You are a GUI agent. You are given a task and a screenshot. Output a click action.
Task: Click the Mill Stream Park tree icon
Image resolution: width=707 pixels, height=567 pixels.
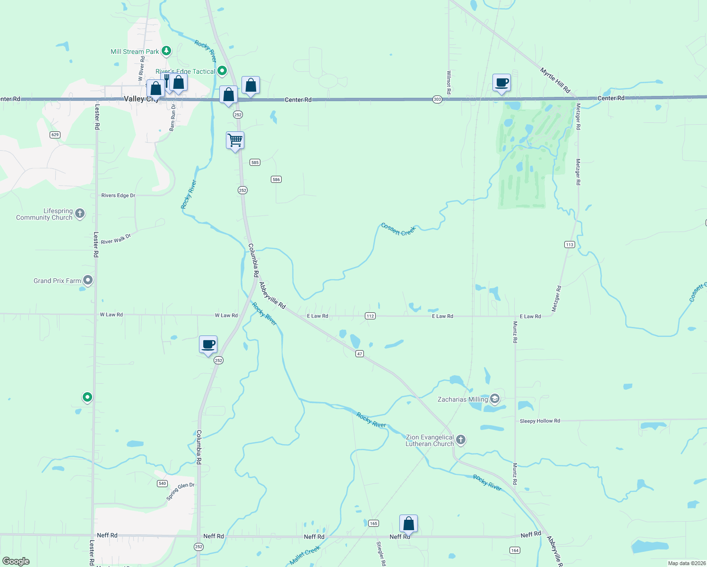pos(166,51)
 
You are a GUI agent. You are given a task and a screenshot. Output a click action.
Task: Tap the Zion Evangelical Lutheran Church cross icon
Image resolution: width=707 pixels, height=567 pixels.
pos(461,440)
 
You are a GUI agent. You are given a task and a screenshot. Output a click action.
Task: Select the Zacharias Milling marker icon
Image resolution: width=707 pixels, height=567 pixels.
pos(494,399)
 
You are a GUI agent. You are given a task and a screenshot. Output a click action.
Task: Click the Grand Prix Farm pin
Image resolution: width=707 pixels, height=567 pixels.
pos(87,280)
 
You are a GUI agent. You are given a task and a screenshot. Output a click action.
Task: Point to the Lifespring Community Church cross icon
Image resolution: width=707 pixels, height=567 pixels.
pos(80,214)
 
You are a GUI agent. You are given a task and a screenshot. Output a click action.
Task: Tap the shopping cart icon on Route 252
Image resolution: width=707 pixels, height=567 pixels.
pos(235,140)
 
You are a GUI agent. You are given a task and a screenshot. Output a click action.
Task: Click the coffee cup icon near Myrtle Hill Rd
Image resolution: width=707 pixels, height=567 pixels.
pos(501,83)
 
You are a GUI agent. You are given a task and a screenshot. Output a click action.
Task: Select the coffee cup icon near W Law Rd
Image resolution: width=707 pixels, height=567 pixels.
pos(208,344)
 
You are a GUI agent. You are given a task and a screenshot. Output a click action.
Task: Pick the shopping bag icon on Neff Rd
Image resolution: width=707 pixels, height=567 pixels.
pos(408,524)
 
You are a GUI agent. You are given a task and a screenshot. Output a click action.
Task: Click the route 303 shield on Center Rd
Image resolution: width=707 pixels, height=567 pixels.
pos(437,100)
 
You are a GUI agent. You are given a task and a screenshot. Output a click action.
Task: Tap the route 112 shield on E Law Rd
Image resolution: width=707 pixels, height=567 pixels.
pos(370,316)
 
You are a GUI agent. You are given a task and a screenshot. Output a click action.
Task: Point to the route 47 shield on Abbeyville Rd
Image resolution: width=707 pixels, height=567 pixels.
pos(360,354)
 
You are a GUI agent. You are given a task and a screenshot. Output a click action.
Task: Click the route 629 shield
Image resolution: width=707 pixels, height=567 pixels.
pos(55,135)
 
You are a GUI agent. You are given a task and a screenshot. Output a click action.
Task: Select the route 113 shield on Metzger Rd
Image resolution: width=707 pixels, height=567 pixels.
pos(569,244)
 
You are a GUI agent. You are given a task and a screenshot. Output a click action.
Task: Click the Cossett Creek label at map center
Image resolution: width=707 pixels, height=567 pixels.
pos(398,230)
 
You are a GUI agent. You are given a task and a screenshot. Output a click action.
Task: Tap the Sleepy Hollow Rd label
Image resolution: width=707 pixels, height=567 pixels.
pos(540,421)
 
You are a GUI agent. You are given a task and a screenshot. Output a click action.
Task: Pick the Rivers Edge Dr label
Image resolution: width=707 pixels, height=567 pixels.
pos(118,195)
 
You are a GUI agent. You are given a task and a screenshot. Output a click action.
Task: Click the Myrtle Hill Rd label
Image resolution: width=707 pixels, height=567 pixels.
pos(555,80)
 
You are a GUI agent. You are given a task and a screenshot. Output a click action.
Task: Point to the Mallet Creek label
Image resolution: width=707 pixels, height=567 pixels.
pos(305,556)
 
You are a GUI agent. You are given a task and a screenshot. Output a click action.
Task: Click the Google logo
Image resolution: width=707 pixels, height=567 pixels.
pos(16,561)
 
